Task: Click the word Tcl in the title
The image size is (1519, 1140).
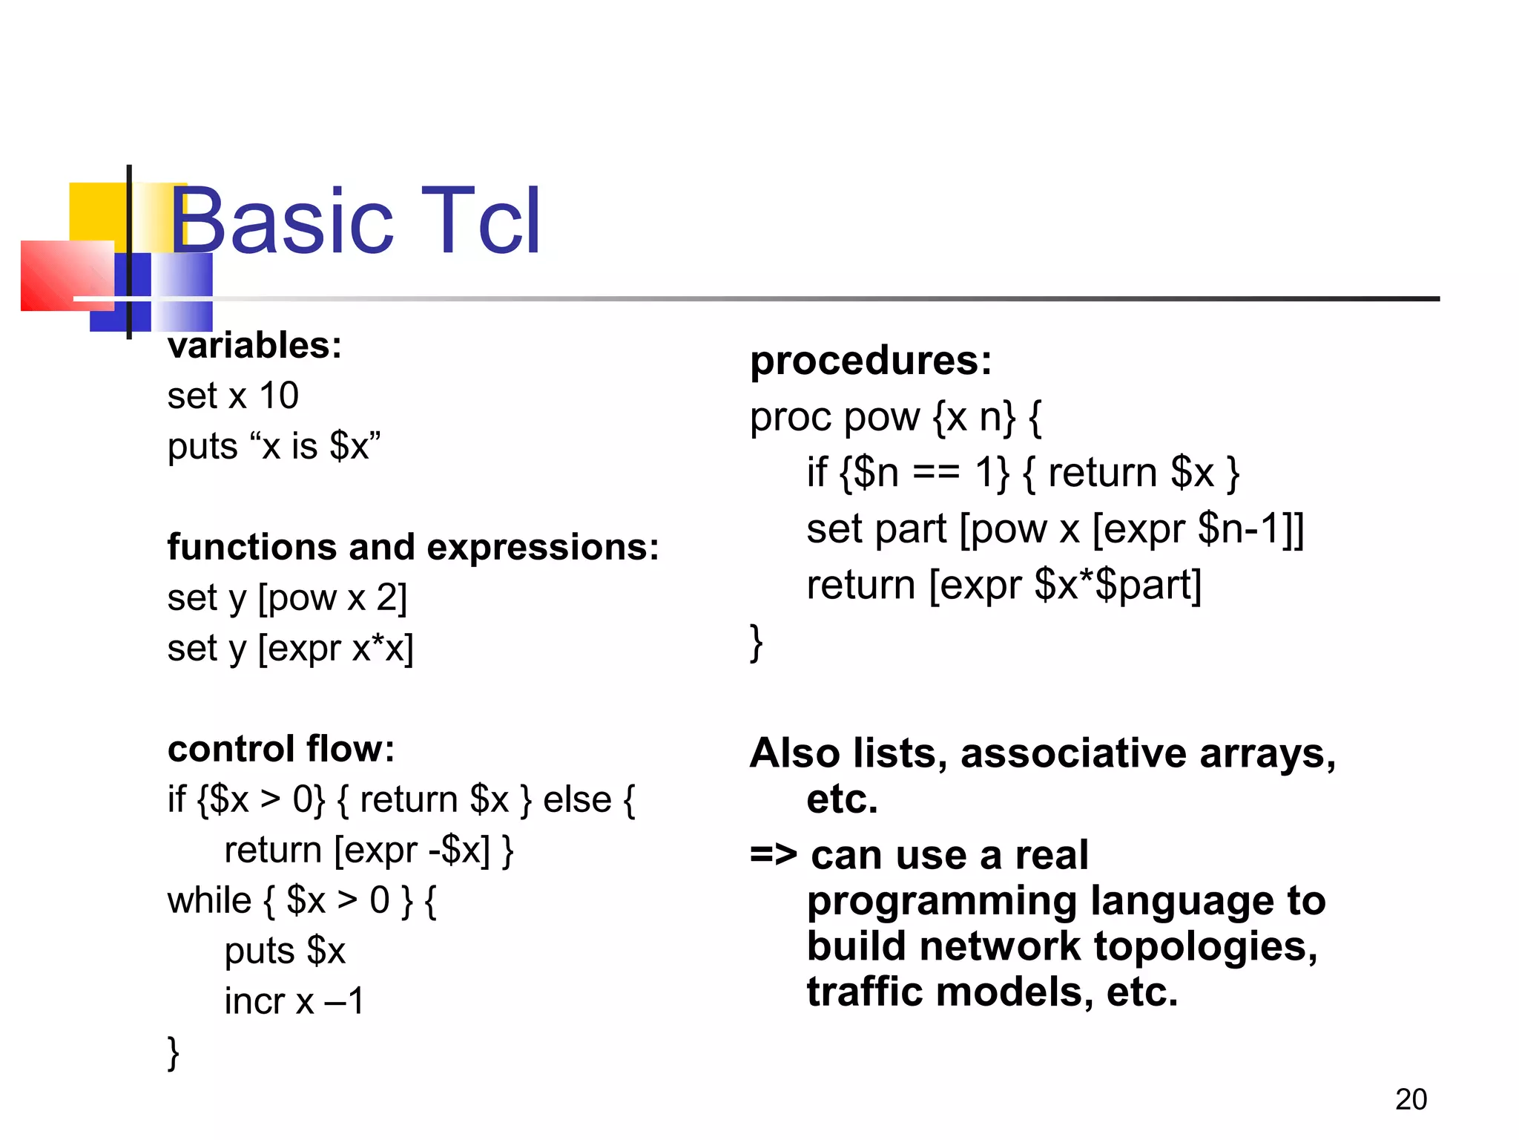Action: pyautogui.click(x=481, y=221)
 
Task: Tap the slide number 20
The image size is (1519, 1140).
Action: pyautogui.click(x=1411, y=1099)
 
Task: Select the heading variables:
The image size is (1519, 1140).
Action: pyautogui.click(x=254, y=346)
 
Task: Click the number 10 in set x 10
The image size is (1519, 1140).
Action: pyautogui.click(x=278, y=396)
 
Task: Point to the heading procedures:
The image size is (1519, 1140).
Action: pyautogui.click(x=870, y=361)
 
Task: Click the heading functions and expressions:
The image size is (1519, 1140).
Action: pyautogui.click(x=412, y=547)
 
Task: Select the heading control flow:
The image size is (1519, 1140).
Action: pyautogui.click(x=280, y=749)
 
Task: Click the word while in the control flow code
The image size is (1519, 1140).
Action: pyautogui.click(x=209, y=900)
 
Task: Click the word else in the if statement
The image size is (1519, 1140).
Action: pyautogui.click(x=577, y=800)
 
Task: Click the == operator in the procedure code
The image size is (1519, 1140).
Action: pyautogui.click(x=935, y=473)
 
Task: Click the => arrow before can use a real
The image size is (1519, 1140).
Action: pyautogui.click(x=773, y=855)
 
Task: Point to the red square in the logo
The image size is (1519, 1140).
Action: pyautogui.click(x=59, y=276)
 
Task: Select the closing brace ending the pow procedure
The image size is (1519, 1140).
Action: pyautogui.click(x=756, y=643)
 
